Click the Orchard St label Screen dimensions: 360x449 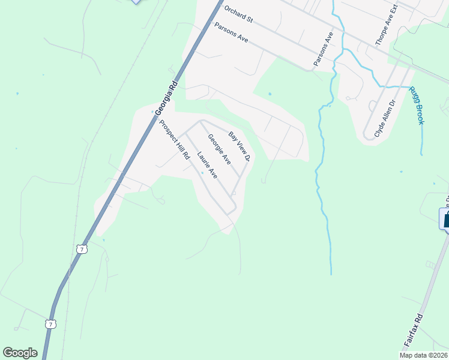pos(238,15)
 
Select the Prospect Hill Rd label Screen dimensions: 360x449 pos(175,139)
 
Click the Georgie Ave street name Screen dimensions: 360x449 pos(219,149)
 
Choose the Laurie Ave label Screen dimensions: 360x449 pos(207,164)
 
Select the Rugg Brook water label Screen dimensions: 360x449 pos(417,106)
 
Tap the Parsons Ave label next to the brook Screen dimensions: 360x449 pos(323,50)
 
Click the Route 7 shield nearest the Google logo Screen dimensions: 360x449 pos(50,324)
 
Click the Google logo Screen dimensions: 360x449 pos(20,353)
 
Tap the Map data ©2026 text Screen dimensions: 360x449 pos(423,355)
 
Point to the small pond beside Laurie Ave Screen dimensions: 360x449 pos(202,173)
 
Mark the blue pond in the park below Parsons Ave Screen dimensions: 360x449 pos(270,94)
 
